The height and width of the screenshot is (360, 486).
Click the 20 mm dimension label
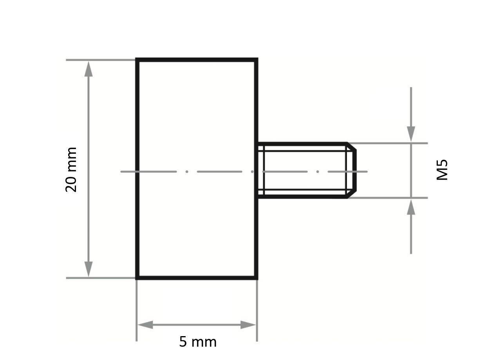[71, 169]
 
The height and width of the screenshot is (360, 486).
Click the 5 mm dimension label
[198, 342]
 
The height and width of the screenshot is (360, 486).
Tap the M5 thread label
[442, 169]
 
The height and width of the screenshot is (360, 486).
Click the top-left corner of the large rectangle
[137, 60]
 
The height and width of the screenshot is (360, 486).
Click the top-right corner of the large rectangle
[257, 60]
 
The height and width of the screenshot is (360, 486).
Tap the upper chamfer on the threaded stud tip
[351, 147]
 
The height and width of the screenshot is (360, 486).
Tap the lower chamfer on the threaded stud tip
[351, 194]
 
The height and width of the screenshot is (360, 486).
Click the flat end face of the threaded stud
[355, 171]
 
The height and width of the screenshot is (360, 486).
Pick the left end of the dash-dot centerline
[121, 171]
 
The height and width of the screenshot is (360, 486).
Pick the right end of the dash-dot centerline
[367, 171]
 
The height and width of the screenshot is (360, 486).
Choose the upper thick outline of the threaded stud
[302, 144]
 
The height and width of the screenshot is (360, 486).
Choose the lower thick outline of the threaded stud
[302, 197]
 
